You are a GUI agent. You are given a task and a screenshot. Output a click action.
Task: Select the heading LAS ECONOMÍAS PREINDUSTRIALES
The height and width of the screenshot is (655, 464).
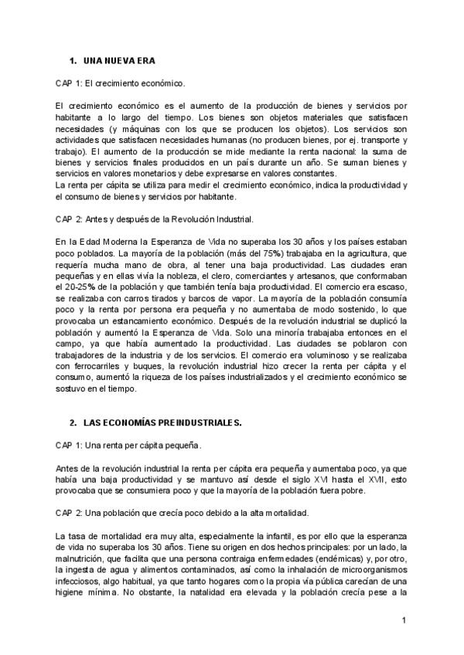[162, 423]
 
